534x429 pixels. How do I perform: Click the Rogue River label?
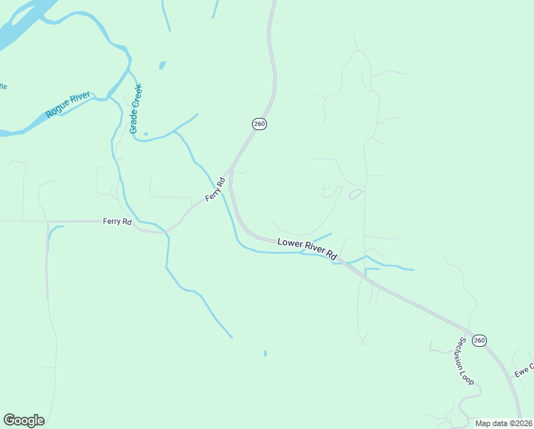(68, 104)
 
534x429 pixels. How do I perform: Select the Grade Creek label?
(136, 108)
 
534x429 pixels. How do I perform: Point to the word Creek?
(138, 94)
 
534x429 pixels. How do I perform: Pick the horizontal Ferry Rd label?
(117, 222)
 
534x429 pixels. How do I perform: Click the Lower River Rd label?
(307, 248)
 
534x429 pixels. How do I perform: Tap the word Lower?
(291, 245)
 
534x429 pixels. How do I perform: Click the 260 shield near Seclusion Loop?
(479, 340)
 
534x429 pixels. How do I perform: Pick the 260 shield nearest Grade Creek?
(259, 124)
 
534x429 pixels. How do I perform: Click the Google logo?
(24, 420)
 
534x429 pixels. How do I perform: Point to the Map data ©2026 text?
(503, 423)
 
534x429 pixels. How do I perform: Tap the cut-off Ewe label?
(525, 369)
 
